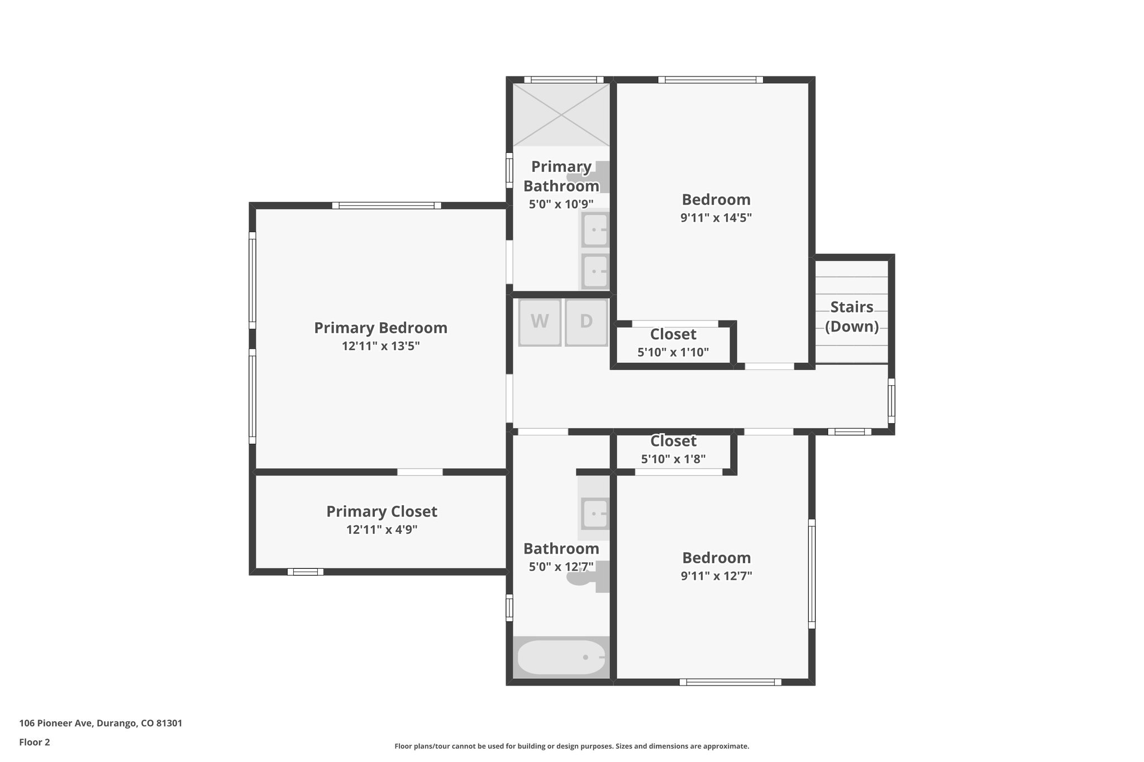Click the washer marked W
[539, 322]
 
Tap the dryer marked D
[586, 322]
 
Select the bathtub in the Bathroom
[561, 657]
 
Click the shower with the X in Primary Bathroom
[561, 114]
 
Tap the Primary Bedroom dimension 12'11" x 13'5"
[380, 346]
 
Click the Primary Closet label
[382, 511]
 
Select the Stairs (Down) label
[851, 317]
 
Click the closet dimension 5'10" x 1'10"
[673, 352]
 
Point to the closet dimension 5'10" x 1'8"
[673, 459]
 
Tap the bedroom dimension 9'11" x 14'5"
[716, 218]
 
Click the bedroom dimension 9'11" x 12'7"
[716, 576]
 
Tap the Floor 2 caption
[35, 742]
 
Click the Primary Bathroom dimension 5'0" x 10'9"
[561, 204]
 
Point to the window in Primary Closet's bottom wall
[305, 572]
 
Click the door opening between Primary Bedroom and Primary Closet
[420, 472]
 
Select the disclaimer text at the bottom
[571, 746]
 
